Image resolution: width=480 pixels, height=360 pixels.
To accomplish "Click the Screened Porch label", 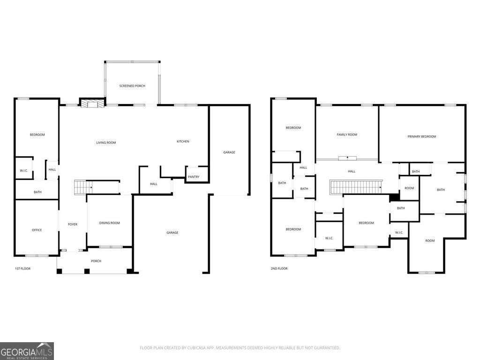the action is (x=132, y=86).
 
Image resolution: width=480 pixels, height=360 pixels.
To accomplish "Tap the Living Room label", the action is (x=106, y=142).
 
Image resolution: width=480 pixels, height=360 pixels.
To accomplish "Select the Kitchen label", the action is (x=183, y=142).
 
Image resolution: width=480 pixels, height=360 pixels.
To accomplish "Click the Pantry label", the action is (x=194, y=177).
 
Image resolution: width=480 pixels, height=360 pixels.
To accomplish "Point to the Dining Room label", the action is (x=110, y=223).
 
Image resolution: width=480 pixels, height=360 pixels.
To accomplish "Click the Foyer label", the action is (x=73, y=225).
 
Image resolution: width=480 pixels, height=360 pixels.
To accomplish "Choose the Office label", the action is (x=37, y=230).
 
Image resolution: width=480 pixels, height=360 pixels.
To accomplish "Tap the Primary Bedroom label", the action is (x=422, y=136).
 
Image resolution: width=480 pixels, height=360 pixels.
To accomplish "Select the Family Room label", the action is (x=347, y=135).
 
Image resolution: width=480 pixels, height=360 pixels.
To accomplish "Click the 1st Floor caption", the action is (x=22, y=269).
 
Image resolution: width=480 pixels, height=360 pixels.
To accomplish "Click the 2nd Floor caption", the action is (x=279, y=269).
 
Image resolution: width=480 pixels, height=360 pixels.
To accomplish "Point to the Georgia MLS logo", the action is (x=27, y=351).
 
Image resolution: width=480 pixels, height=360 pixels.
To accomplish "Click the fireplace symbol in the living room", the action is (x=92, y=104).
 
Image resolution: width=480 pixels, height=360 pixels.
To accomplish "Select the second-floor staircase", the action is (x=356, y=187).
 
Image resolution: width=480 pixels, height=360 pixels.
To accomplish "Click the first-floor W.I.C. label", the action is (x=24, y=171).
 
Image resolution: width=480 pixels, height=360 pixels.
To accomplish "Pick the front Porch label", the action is (x=96, y=261).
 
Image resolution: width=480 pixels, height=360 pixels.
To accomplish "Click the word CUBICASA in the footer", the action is (x=199, y=348).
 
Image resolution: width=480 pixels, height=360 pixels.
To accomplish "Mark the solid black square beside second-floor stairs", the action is (x=395, y=197).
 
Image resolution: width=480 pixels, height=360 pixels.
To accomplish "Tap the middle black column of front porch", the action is (x=87, y=271).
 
